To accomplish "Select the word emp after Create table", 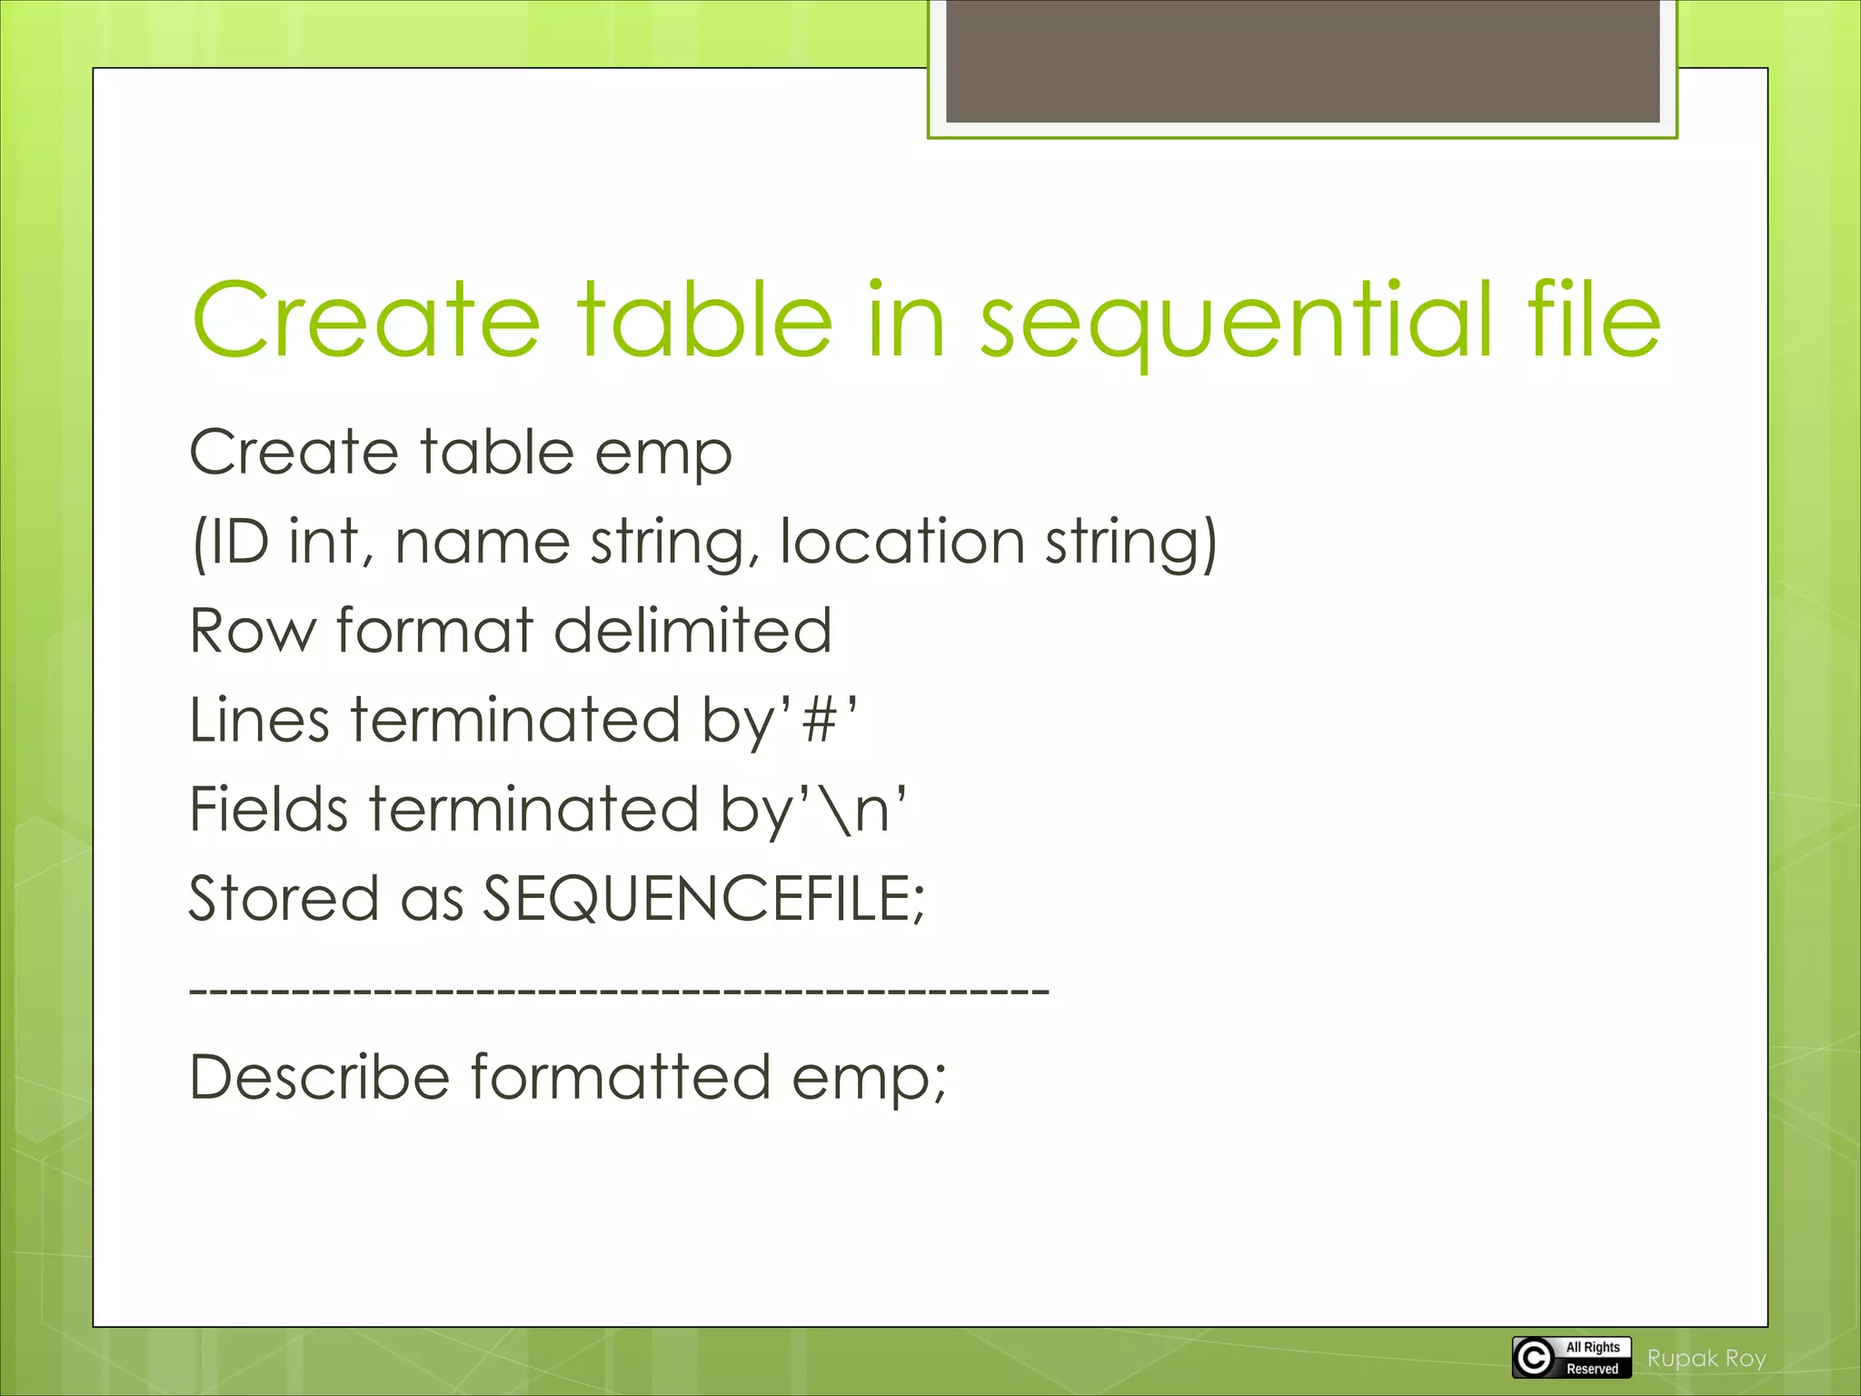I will (662, 453).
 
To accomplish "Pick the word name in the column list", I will (483, 542).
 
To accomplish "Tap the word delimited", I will (692, 631).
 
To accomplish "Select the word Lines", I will (259, 720).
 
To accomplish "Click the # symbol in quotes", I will (820, 721).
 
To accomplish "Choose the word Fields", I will (268, 809).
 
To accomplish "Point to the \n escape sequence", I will (860, 810).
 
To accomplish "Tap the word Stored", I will (284, 898).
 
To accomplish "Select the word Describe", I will (319, 1077).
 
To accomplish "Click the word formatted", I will (620, 1077).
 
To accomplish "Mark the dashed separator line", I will (619, 989).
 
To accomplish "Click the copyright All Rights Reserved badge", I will (1572, 1358).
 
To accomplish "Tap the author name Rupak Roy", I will (1707, 1359).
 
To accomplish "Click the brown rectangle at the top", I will (1302, 60).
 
